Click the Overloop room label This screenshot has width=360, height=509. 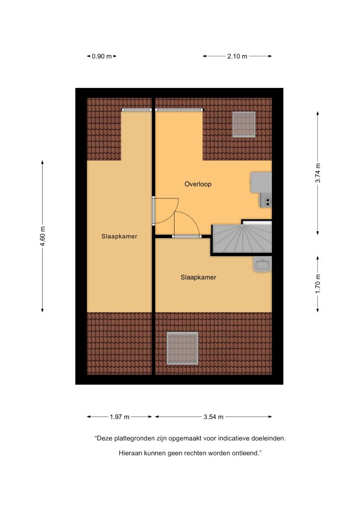click(198, 184)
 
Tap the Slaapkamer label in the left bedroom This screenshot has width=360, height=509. click(119, 236)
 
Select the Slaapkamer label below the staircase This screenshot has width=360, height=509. click(198, 277)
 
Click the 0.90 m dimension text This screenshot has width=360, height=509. click(101, 56)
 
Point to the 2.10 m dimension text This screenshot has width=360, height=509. click(237, 56)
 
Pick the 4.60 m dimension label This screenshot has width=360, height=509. click(43, 236)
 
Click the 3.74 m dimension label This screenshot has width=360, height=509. click(318, 173)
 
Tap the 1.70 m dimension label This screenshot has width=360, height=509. click(318, 284)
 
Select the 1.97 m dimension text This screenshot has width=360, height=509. click(119, 417)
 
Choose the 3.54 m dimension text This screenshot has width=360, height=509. click(214, 417)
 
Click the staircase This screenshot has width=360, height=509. click(242, 239)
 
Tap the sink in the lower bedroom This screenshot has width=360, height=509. click(262, 265)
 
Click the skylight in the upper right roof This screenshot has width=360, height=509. click(244, 124)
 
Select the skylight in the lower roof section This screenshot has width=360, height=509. click(182, 348)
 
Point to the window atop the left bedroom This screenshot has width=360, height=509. click(137, 110)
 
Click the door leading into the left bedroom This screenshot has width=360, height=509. click(166, 211)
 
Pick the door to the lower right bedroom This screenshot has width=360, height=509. click(186, 225)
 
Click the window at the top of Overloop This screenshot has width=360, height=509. click(179, 110)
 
